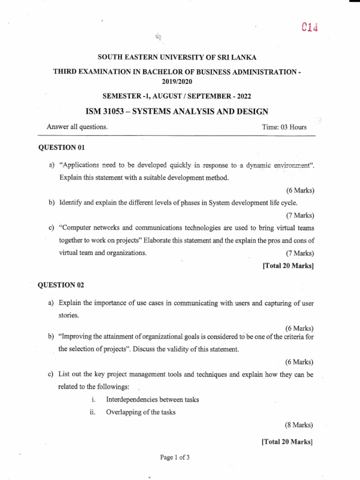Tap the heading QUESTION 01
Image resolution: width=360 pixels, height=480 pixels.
tap(61, 148)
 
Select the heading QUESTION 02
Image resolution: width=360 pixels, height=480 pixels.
tap(61, 285)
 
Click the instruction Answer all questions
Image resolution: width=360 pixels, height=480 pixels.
tap(77, 127)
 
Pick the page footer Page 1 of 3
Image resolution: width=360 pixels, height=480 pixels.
tap(173, 457)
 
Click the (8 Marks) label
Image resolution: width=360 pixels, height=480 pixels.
tap(299, 425)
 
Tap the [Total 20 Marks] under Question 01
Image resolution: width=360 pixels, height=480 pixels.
tap(288, 266)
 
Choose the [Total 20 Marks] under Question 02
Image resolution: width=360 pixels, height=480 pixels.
tap(287, 441)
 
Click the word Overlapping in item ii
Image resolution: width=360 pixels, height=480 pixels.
tap(121, 412)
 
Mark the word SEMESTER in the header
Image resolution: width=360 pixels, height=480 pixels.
tap(114, 96)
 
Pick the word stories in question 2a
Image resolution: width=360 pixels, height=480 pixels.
tap(69, 315)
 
